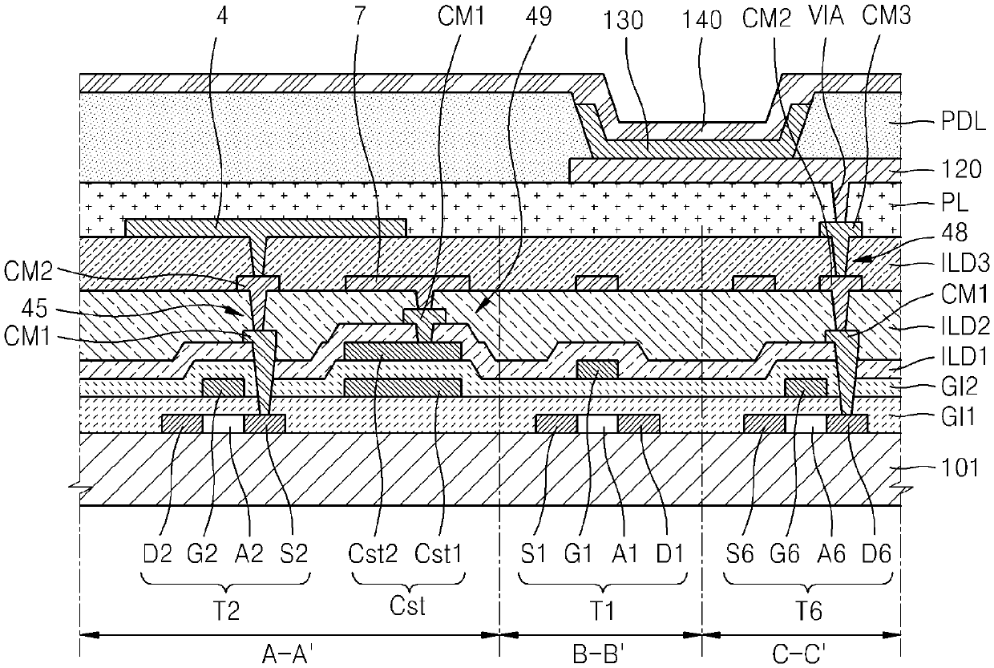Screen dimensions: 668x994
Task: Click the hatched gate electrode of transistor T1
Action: (597, 369)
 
